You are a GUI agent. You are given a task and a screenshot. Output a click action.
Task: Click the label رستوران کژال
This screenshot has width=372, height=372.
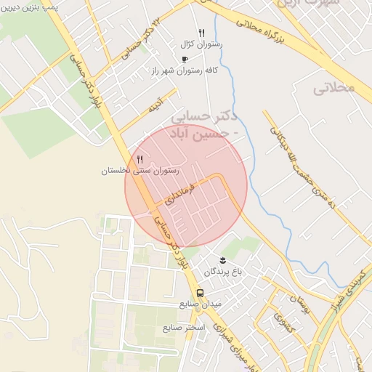click(x=202, y=44)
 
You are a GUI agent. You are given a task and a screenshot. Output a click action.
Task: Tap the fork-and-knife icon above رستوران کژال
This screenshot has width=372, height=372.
click(x=201, y=33)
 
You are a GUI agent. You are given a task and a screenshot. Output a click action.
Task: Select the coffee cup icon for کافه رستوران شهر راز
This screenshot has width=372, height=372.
click(x=185, y=59)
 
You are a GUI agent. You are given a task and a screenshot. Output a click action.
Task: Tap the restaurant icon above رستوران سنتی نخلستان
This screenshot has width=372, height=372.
click(x=140, y=159)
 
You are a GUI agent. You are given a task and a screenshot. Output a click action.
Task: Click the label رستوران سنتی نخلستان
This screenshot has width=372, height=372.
click(x=139, y=171)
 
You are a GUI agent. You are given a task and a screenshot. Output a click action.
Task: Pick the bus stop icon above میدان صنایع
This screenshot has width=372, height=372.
click(x=200, y=293)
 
